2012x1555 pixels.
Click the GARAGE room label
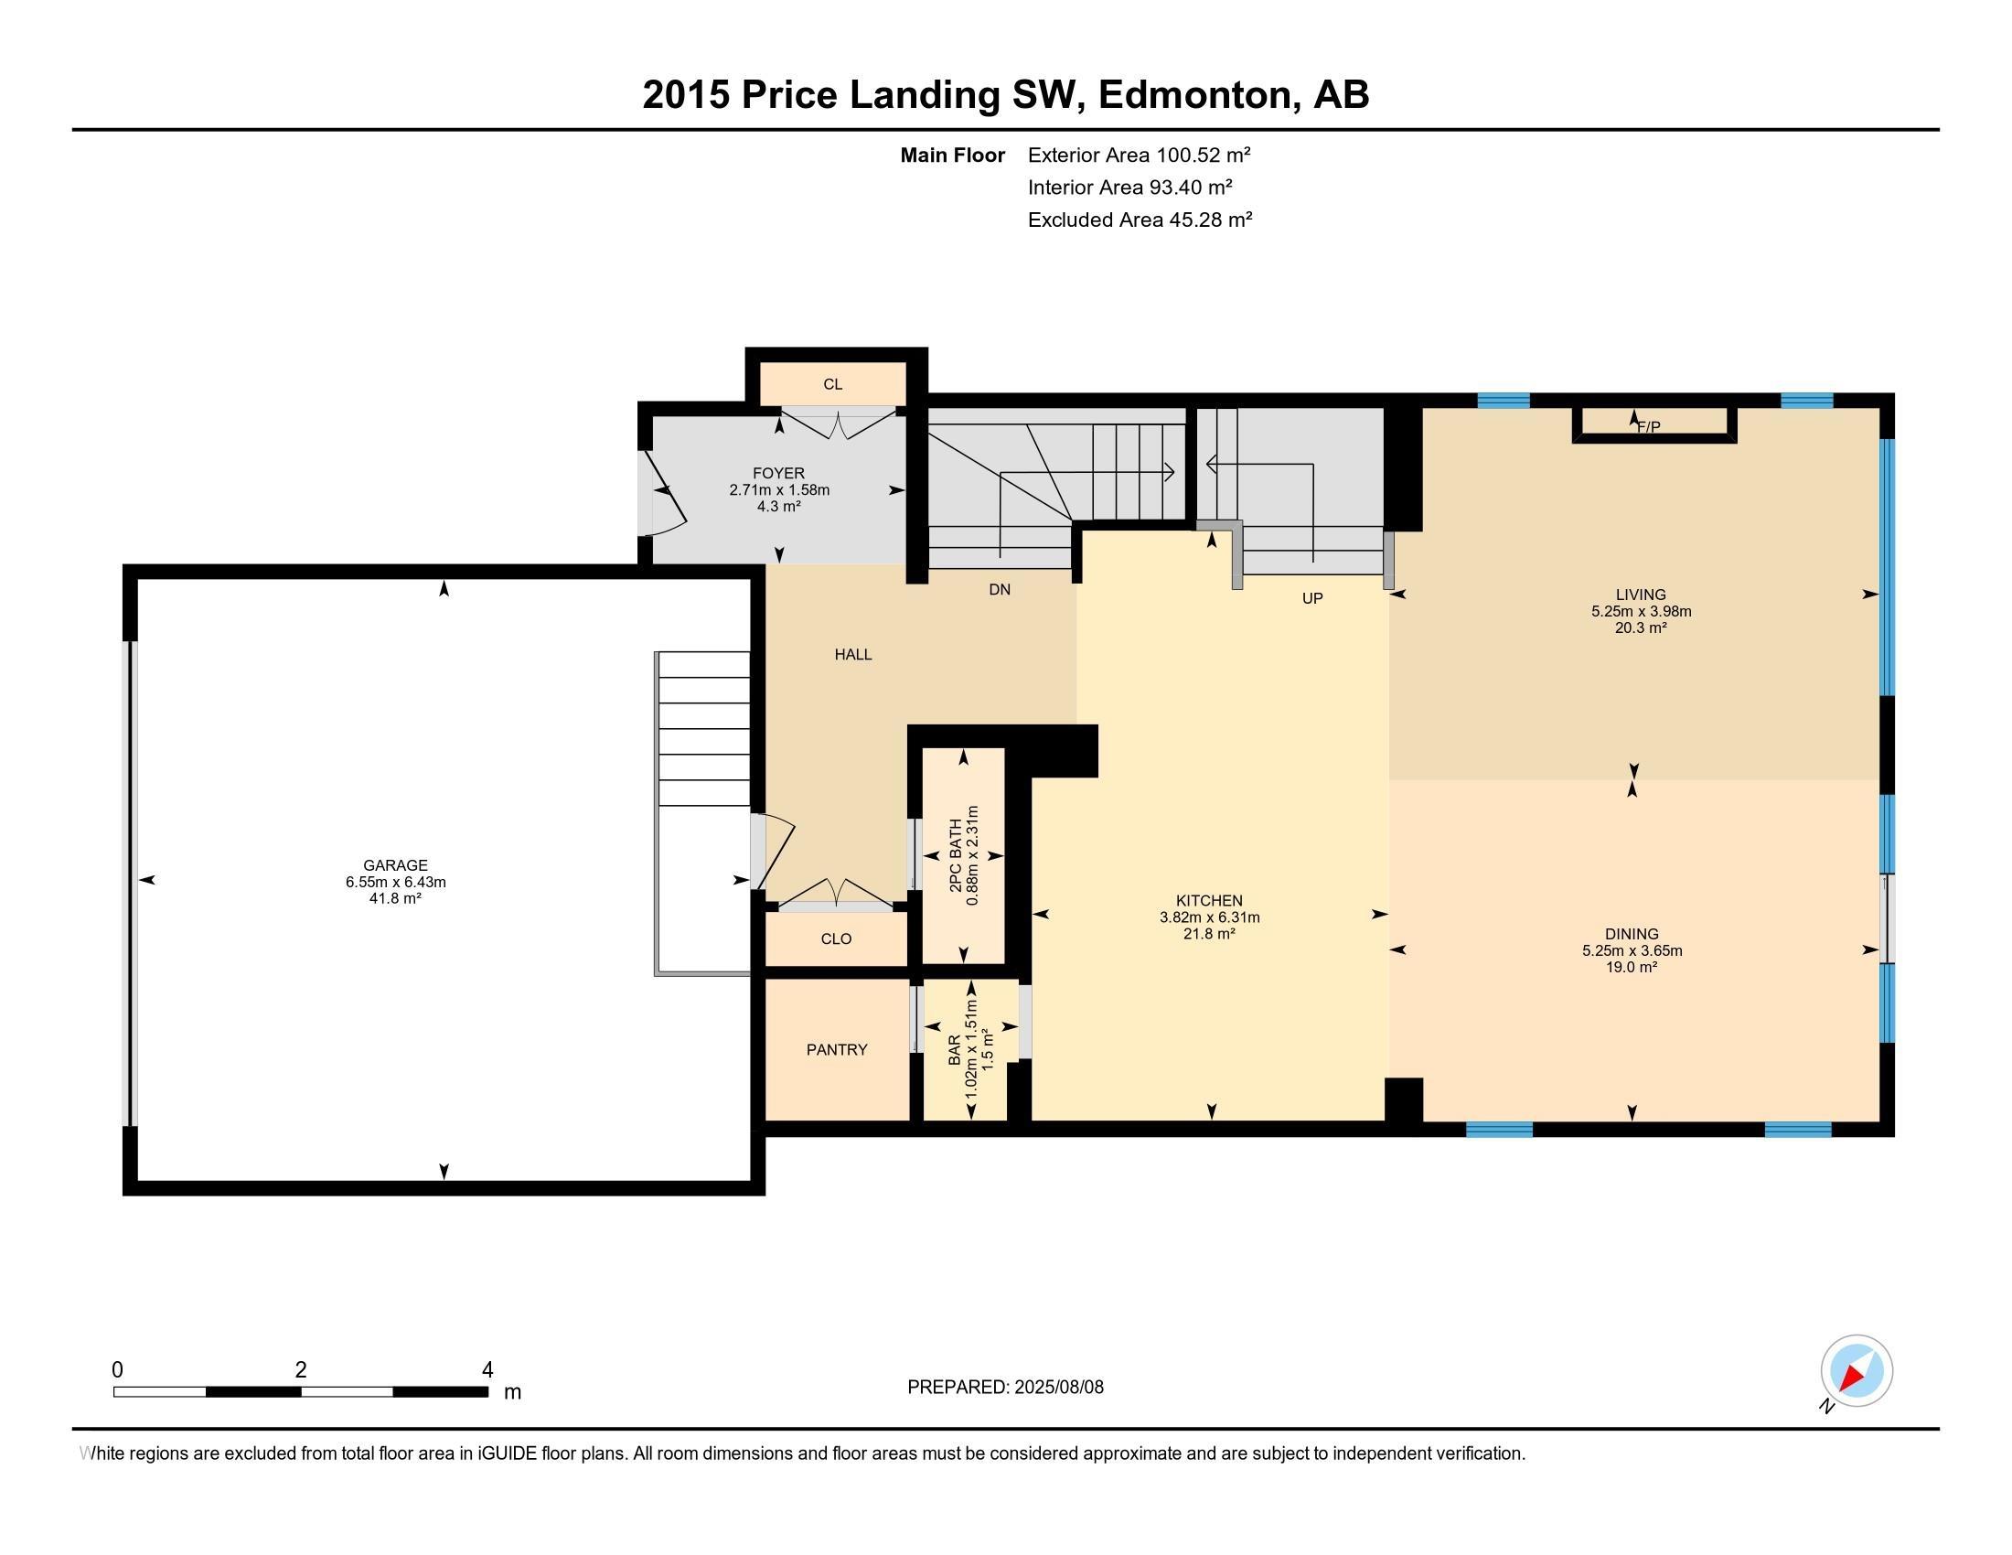coord(395,865)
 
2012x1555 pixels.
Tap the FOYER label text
coord(778,474)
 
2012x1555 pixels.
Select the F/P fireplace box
coord(1654,424)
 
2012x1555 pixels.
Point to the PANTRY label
coord(837,1049)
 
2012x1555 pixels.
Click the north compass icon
coord(1856,1370)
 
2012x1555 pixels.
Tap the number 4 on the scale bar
coord(487,1370)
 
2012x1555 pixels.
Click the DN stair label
coord(1000,590)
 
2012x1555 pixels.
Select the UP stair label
coord(1311,599)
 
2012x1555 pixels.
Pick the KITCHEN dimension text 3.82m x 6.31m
coord(1210,917)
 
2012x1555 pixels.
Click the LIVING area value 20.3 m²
coord(1641,628)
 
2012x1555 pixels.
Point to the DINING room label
coord(1632,934)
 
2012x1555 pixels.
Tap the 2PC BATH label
coord(957,855)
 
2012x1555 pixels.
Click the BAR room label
coord(955,1049)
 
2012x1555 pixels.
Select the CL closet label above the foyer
coord(833,384)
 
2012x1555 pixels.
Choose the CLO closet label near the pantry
coord(837,938)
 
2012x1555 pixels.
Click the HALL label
coord(853,654)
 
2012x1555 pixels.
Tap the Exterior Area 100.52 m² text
coord(1139,155)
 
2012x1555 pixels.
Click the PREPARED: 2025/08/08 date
coord(1005,1388)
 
